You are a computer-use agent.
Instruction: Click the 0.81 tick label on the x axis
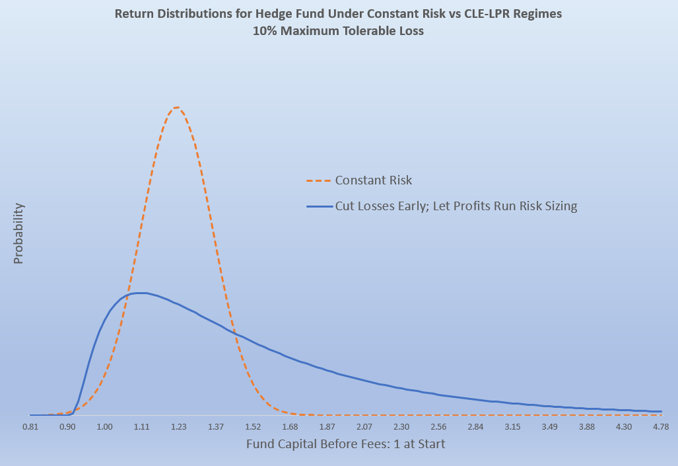coord(30,428)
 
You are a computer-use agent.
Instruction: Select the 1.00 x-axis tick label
coord(104,428)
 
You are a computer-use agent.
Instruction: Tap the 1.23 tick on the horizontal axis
coord(178,428)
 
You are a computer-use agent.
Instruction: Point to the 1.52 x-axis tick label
coord(253,428)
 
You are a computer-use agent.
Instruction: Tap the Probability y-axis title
coord(18,233)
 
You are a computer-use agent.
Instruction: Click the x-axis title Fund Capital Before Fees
coord(345,444)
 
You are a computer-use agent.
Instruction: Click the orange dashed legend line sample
coord(318,180)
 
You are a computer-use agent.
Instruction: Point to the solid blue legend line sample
coord(318,207)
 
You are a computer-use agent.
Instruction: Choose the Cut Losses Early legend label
coord(456,207)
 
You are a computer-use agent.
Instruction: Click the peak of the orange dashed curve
coord(176,107)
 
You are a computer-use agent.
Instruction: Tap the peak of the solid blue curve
coord(139,293)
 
